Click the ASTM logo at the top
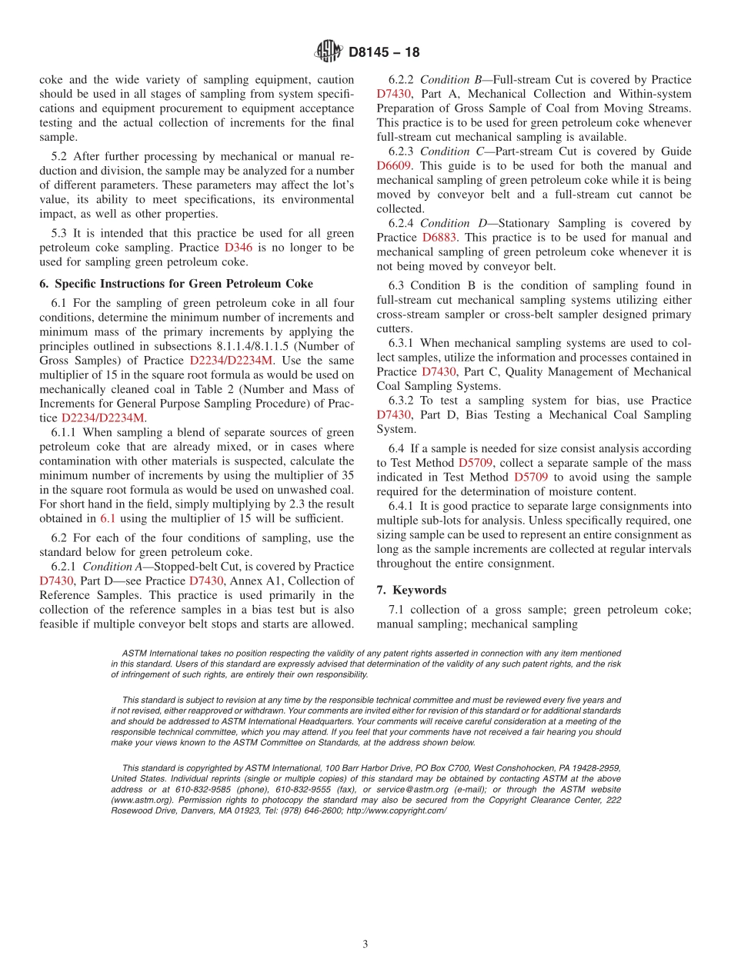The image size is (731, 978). click(329, 52)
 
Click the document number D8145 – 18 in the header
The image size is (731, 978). click(384, 53)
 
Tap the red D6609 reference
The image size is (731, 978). click(394, 165)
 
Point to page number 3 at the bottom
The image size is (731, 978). click(365, 944)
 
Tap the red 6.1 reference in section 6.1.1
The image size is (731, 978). click(108, 518)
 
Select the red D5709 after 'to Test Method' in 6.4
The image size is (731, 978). click(475, 463)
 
